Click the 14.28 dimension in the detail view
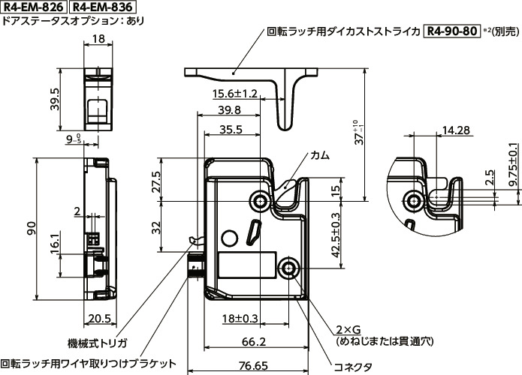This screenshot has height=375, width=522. (x=456, y=130)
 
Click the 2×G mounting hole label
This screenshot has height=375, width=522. (x=348, y=329)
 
